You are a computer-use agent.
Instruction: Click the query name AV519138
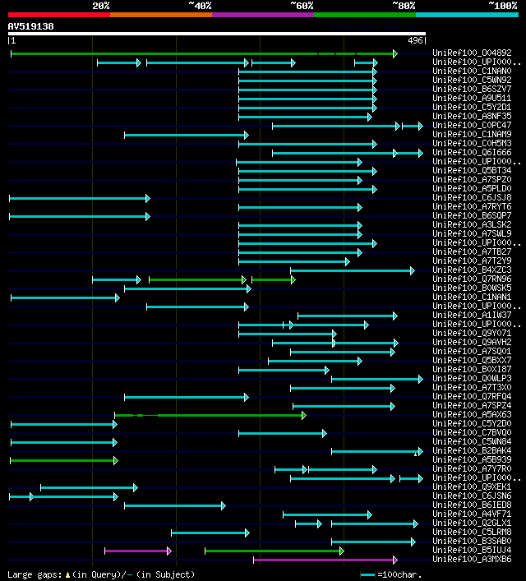click(x=30, y=26)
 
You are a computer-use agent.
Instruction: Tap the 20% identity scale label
click(x=101, y=6)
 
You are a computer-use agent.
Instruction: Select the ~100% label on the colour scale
click(x=503, y=6)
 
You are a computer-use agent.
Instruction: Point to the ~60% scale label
click(x=302, y=6)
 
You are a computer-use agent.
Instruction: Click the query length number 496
click(x=415, y=40)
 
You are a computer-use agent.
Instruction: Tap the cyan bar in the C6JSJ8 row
click(x=79, y=198)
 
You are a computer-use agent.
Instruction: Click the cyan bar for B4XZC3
click(x=352, y=270)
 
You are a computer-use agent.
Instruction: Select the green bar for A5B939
click(x=63, y=460)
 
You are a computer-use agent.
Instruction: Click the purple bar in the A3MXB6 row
click(x=325, y=560)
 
